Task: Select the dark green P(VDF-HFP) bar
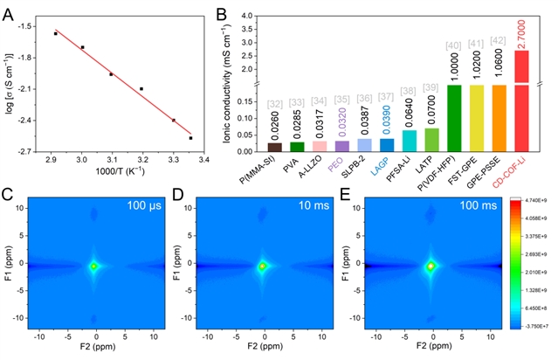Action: click(x=454, y=117)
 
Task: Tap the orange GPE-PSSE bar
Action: click(x=499, y=117)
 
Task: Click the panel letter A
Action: click(x=10, y=11)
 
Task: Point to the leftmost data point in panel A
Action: click(x=55, y=33)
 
